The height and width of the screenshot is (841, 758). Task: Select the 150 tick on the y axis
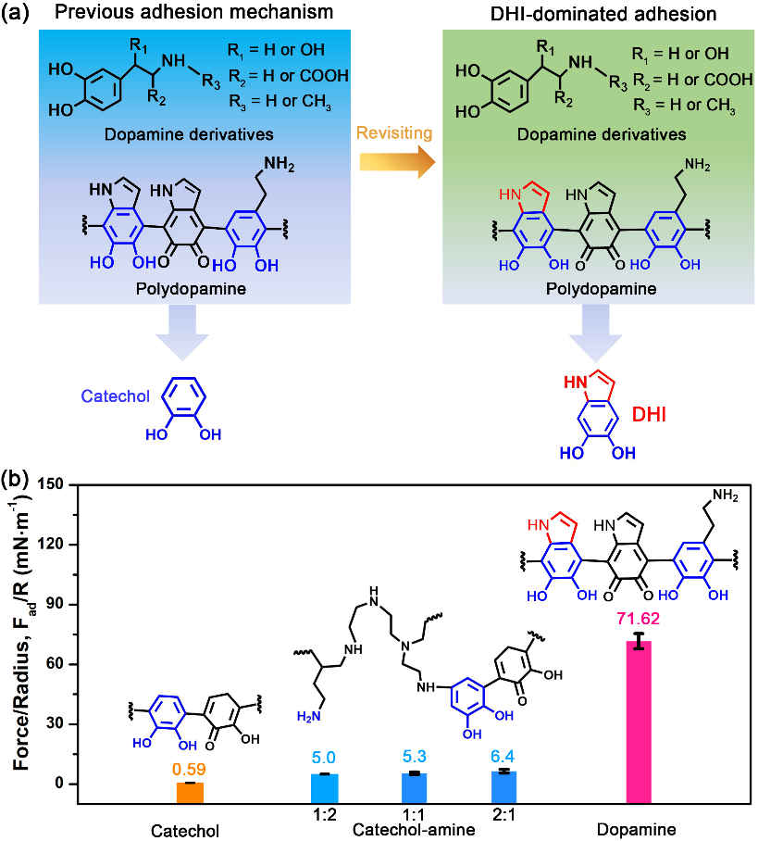(82, 484)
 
